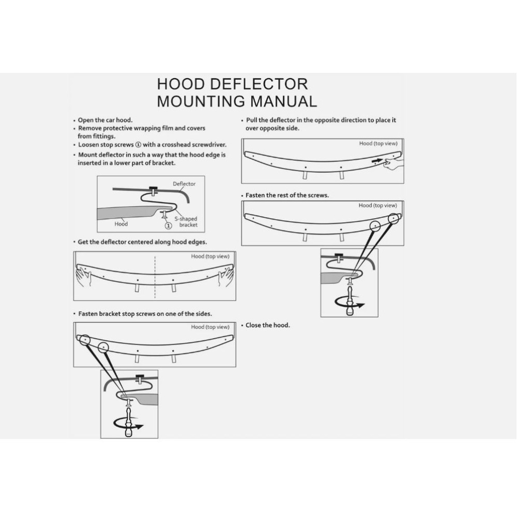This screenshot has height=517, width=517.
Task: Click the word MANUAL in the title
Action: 279,101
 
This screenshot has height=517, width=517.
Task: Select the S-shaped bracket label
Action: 186,222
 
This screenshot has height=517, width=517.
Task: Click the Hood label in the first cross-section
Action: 121,224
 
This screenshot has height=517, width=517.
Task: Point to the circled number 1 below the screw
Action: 168,225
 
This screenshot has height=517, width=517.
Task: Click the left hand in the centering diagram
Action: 83,277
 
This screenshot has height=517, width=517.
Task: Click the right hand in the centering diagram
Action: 226,277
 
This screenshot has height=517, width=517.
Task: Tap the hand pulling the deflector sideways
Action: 394,163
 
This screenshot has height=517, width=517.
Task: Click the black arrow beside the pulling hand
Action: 378,161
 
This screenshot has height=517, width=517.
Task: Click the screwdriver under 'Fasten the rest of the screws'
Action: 350,301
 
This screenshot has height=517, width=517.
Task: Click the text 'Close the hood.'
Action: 267,325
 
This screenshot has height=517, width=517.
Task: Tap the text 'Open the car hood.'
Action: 105,120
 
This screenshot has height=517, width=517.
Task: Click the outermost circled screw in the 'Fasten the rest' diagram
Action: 394,219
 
